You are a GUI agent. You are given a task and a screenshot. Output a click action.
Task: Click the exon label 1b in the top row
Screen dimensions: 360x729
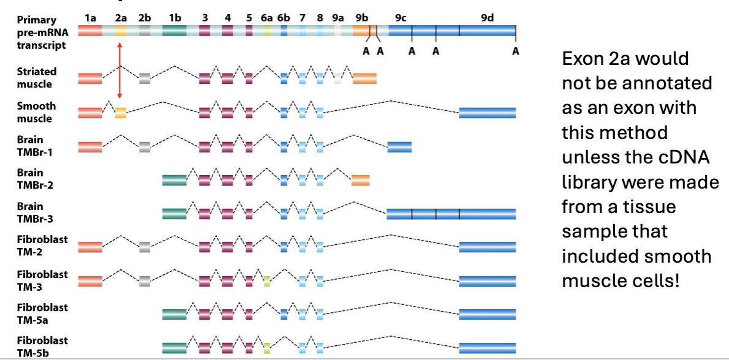175,18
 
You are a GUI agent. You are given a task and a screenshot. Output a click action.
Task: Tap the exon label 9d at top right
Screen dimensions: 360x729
487,18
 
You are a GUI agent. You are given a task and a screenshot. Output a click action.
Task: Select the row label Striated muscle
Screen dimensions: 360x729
37,78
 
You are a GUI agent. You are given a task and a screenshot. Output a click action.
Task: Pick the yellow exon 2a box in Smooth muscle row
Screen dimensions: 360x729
121,113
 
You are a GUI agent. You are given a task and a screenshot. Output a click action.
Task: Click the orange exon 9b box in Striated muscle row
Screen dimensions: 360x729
364,78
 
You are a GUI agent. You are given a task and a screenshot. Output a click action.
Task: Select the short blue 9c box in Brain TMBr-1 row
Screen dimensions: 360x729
399,146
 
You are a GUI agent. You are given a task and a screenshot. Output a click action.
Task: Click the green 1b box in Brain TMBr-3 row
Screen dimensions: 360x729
175,213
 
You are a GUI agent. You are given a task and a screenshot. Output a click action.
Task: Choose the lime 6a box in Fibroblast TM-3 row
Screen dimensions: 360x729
266,280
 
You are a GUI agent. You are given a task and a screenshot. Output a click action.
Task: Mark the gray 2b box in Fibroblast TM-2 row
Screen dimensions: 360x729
145,247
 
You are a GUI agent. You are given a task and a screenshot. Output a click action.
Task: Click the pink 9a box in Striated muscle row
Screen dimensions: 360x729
338,78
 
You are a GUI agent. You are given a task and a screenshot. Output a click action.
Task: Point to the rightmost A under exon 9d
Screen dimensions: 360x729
516,51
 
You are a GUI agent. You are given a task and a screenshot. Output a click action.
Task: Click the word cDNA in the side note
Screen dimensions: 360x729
684,157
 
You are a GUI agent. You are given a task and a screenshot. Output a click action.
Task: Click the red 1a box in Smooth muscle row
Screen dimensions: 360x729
90,113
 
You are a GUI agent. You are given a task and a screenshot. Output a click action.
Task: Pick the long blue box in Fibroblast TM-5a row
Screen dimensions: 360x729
487,314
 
